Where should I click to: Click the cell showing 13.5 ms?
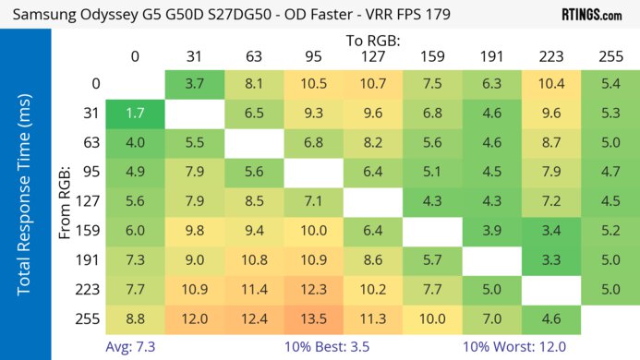tap(313, 319)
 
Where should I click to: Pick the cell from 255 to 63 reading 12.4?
tap(254, 319)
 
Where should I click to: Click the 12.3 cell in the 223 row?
tap(313, 290)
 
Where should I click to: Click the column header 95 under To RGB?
tap(313, 56)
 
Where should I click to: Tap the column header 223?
tap(551, 56)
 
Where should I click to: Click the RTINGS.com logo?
tap(591, 15)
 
